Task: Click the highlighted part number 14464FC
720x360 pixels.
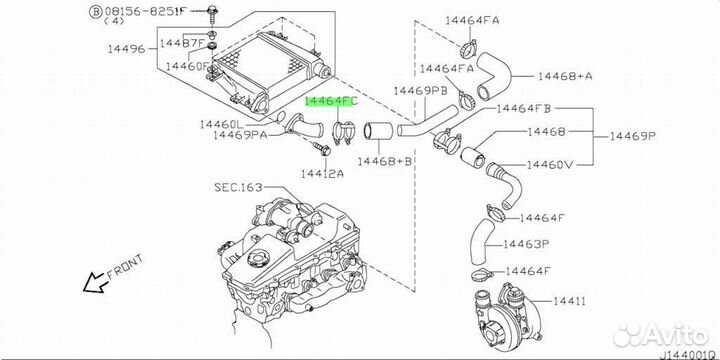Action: [332, 102]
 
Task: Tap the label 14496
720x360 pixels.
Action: [126, 49]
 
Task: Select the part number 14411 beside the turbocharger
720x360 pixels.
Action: [569, 302]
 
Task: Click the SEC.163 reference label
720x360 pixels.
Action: [238, 187]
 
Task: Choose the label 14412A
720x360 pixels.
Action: [322, 173]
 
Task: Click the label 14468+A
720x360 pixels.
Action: [565, 76]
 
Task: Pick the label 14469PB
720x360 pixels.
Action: [420, 91]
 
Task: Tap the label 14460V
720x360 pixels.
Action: [550, 164]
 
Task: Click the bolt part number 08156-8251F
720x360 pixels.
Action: [144, 11]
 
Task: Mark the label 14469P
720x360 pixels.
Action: [632, 136]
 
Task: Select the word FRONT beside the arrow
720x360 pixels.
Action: [125, 267]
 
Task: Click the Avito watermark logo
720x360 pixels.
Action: [661, 334]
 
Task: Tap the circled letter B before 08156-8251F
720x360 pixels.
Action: [95, 11]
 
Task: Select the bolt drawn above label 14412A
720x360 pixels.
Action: [322, 148]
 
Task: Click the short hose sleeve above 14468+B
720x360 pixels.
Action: [378, 130]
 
